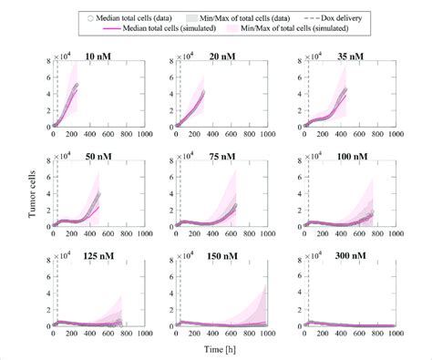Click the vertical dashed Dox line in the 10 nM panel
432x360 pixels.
pyautogui.click(x=60, y=91)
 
